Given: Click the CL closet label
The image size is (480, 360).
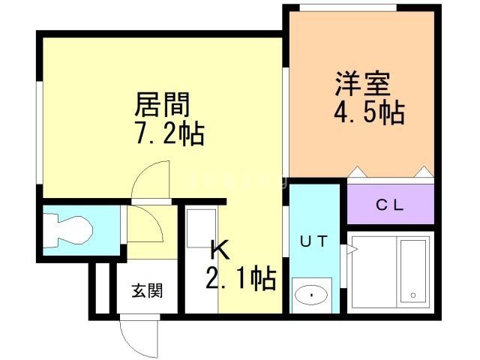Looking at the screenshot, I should (x=390, y=204).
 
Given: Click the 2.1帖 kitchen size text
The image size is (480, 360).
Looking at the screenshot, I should (x=240, y=279).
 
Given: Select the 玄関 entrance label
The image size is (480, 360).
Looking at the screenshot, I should (x=148, y=291).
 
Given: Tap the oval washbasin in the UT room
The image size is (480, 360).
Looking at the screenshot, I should (x=312, y=295).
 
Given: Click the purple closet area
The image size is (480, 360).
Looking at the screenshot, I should (x=391, y=204).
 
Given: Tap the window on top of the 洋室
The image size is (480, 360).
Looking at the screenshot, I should (x=347, y=8).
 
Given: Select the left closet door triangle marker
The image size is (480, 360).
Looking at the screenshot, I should (x=356, y=172).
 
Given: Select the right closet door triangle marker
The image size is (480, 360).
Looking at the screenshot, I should (x=425, y=172).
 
